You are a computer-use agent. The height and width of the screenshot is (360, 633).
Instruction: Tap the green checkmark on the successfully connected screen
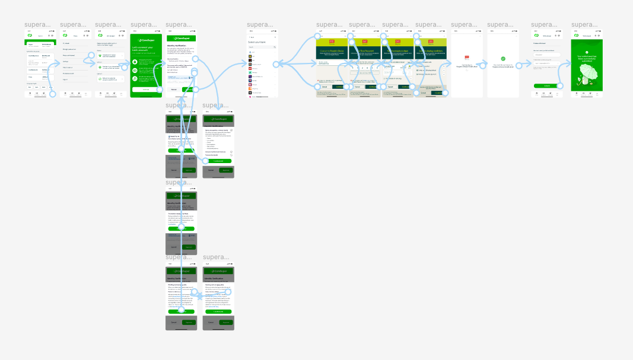pos(502,59)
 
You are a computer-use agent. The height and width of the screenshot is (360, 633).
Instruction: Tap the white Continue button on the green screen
pos(146,90)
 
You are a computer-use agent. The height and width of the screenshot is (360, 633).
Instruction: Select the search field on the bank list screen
pos(262,47)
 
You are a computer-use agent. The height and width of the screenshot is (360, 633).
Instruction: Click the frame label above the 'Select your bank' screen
pos(260,25)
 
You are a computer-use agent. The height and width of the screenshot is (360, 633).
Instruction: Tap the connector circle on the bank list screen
pos(275,64)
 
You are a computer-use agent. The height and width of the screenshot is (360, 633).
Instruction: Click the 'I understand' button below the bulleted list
pos(218,161)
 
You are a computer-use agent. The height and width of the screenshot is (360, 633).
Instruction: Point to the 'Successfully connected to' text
pos(502,65)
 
